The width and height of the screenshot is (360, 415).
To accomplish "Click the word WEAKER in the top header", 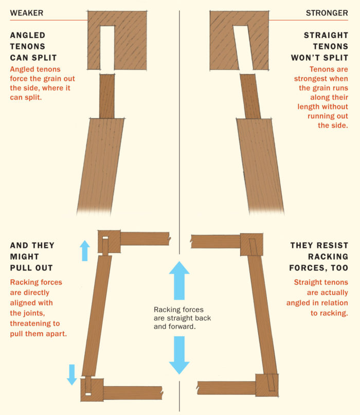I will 27,13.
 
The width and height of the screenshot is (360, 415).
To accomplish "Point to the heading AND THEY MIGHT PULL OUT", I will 32,257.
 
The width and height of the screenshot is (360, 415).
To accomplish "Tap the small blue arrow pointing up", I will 85,250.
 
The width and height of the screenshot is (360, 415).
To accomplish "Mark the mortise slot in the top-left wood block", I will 107,47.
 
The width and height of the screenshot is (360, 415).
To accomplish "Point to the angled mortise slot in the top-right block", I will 242,47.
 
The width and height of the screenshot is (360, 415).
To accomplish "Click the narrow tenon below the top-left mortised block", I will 107,96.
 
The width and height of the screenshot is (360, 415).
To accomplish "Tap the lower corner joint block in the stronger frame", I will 267,384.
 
